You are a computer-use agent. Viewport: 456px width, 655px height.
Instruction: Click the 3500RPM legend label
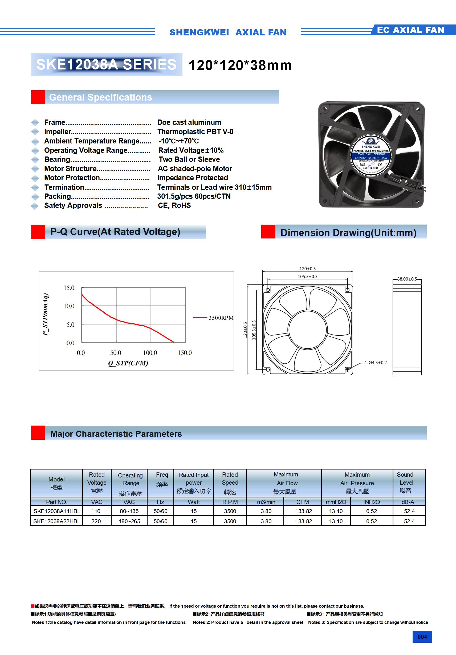click(x=221, y=318)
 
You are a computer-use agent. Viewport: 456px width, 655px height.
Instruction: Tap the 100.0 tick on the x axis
click(x=150, y=353)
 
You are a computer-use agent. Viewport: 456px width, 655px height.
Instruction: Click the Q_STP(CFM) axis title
click(x=128, y=363)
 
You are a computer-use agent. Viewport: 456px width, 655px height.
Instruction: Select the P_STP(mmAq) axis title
click(x=45, y=314)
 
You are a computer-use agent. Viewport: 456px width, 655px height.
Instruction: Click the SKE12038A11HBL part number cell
click(x=56, y=511)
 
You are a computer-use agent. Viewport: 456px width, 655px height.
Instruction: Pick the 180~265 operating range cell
click(x=129, y=521)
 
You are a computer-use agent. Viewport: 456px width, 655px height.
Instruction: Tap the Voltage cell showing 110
click(x=96, y=511)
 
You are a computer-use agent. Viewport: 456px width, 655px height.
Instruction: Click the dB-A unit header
click(x=408, y=502)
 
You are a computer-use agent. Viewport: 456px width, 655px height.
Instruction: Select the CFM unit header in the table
click(x=303, y=502)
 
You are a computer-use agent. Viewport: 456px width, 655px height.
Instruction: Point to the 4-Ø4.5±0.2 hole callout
click(x=375, y=362)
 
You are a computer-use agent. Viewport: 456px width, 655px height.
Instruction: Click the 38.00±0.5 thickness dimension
click(x=407, y=279)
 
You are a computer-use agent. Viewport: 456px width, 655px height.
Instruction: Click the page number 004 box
click(x=422, y=637)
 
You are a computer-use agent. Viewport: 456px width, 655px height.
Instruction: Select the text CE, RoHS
click(x=174, y=205)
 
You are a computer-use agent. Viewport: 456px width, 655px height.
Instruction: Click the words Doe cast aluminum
click(x=189, y=122)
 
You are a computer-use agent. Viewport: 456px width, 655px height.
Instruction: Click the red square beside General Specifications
click(x=38, y=97)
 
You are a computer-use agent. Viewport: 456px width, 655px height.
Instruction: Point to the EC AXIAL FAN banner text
click(x=410, y=30)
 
